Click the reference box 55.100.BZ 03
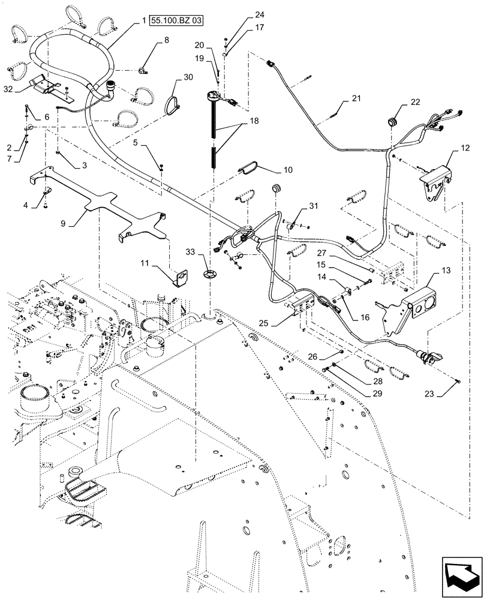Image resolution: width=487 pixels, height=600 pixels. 177,20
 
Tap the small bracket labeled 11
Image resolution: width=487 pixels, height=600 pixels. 180,277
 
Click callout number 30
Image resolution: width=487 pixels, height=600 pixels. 188,77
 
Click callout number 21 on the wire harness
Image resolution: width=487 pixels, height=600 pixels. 357,98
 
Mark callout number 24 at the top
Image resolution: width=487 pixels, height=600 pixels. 242,14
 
